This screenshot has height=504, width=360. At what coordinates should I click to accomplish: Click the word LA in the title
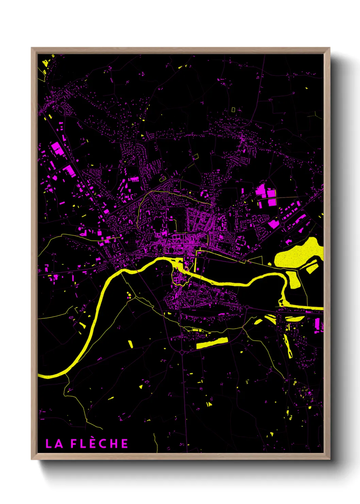click(54, 444)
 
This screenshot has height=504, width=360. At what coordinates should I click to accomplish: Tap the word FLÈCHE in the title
click(99, 443)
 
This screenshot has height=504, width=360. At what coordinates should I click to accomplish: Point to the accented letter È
click(92, 443)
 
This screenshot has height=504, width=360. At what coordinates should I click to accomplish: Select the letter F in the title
click(74, 444)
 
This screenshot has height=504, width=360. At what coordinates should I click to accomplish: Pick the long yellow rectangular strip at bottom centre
click(212, 343)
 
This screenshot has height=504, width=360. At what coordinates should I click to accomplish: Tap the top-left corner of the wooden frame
click(32, 48)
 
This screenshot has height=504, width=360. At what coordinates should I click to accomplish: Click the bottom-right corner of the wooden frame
click(329, 459)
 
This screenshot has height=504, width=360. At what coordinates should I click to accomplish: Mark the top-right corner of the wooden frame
click(329, 48)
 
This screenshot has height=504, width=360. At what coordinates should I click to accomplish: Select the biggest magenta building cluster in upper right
click(266, 195)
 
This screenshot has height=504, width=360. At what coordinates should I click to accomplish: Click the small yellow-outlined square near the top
click(233, 110)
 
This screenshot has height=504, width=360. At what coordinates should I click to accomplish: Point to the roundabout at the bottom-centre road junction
click(182, 352)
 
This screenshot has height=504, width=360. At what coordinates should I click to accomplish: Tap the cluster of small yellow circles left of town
click(129, 295)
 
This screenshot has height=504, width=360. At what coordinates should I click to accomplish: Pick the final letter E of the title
click(124, 444)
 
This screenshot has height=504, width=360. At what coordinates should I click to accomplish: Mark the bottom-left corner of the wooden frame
click(32, 459)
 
